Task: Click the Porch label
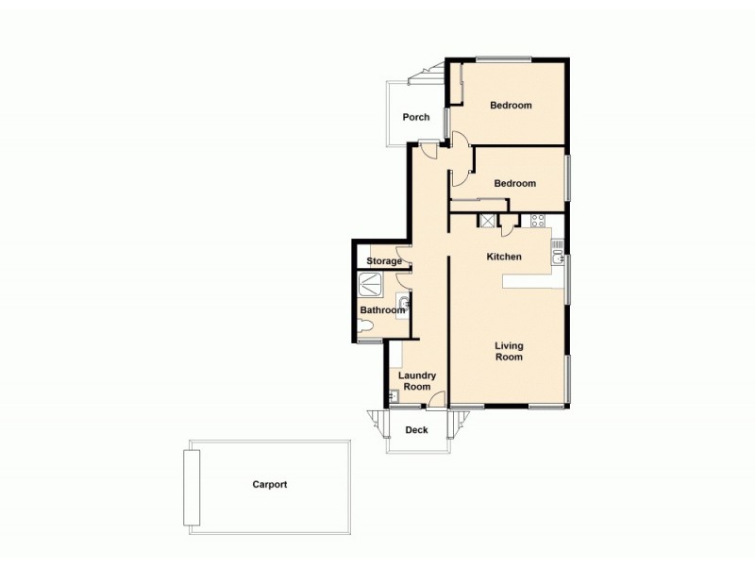coord(416,117)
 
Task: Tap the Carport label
coord(269,484)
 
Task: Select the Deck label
coord(416,430)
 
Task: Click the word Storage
coord(384,261)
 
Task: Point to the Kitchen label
coord(504,257)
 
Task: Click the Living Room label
coord(509,352)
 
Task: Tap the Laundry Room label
coord(417,381)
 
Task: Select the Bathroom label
coord(382,310)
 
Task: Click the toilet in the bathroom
coord(367,326)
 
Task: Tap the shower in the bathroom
coord(371,283)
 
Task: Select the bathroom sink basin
coord(403,304)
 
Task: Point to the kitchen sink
coord(558,252)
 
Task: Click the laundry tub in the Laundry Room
coord(394,396)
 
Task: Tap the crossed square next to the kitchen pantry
coord(488,222)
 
